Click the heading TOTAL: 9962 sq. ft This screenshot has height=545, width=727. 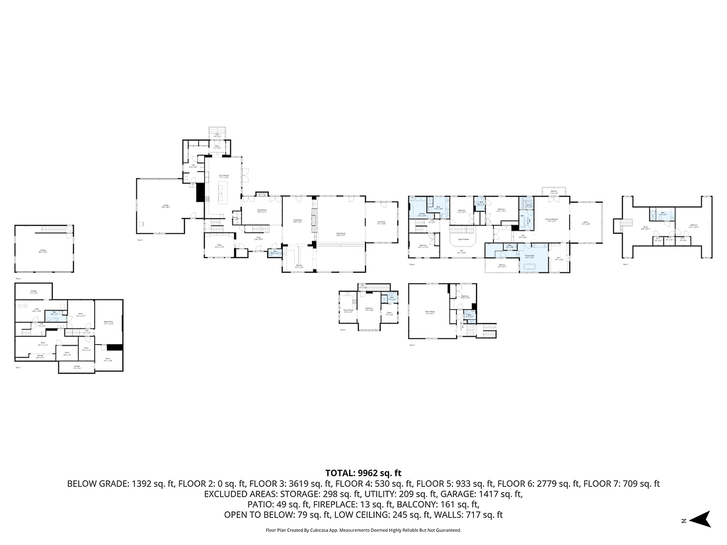(363, 473)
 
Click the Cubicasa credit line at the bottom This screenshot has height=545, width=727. (363, 530)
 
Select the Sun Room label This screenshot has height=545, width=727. (381, 223)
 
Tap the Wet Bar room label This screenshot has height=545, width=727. (299, 266)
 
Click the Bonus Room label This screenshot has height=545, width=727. (430, 312)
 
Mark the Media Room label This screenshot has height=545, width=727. (108, 323)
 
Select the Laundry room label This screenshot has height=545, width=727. (422, 215)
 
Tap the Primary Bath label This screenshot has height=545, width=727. (530, 257)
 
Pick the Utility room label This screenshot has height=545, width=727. (38, 310)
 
